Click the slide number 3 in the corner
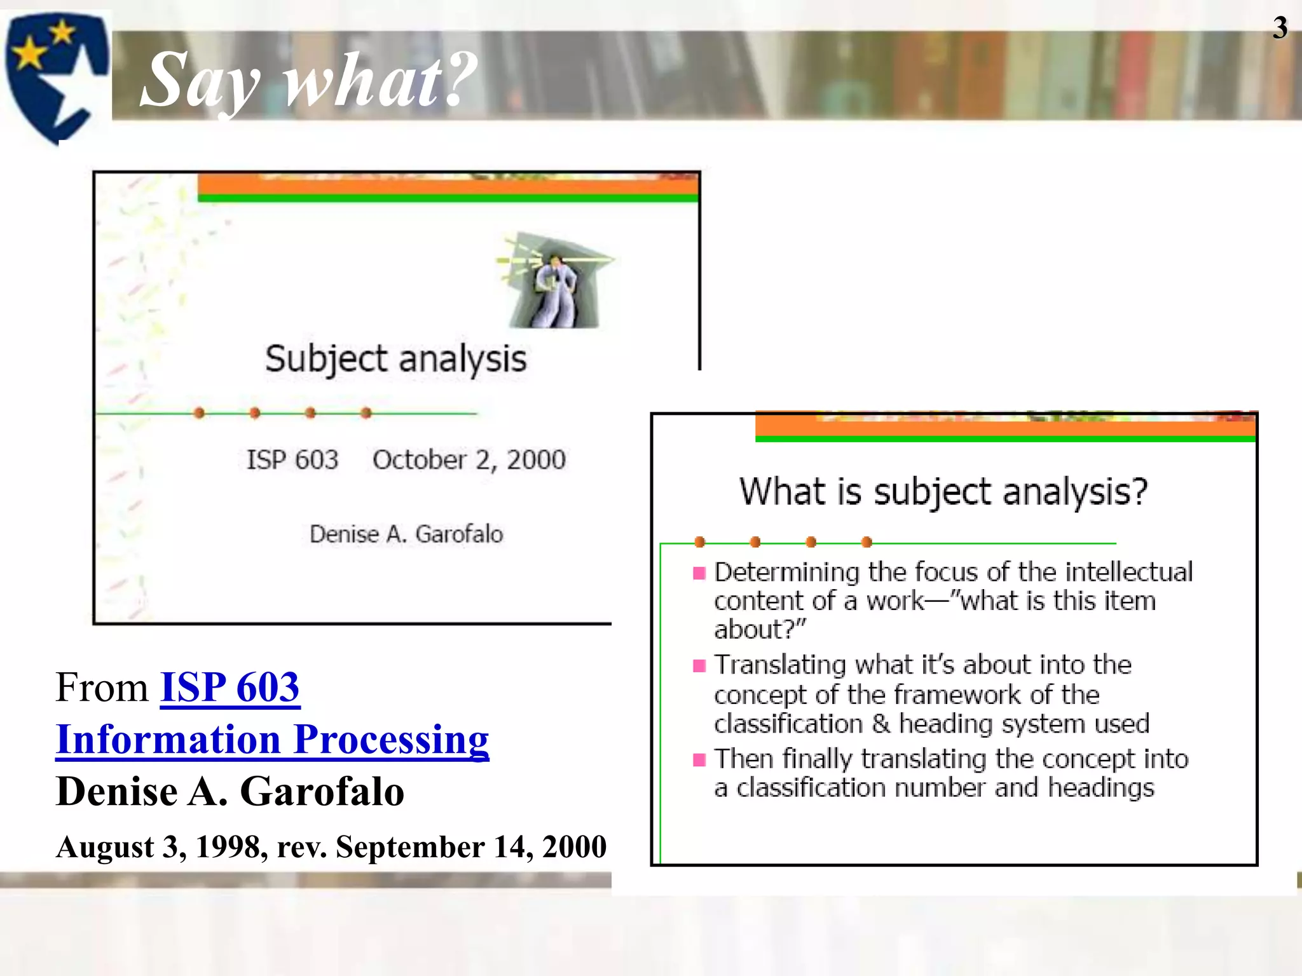pos(1279,28)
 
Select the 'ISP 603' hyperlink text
pos(230,688)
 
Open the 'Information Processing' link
pos(272,740)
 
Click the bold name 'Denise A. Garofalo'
pos(230,792)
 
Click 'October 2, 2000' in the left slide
pos(469,460)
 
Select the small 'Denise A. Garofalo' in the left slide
pos(406,534)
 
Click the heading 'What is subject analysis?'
pos(943,492)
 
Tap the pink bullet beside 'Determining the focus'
pos(699,573)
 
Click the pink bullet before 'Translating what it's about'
pos(699,666)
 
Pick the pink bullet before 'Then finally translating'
pos(699,760)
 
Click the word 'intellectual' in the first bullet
pos(1128,572)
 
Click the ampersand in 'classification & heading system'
pos(881,724)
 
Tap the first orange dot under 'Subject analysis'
pos(199,413)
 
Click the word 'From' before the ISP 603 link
pos(102,688)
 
